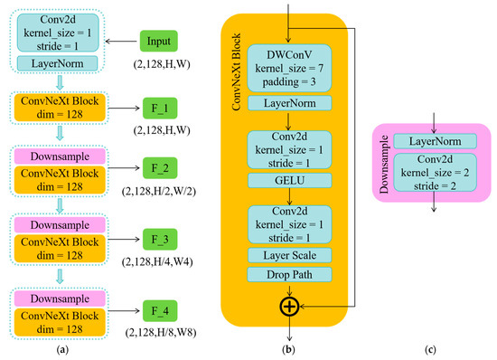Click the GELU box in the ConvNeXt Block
click(x=286, y=181)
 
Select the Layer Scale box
click(x=286, y=254)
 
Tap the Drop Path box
click(x=286, y=273)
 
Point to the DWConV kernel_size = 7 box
click(x=286, y=68)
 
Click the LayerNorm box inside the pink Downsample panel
click(x=435, y=141)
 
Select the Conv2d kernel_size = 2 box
click(x=435, y=170)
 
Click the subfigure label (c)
click(x=435, y=348)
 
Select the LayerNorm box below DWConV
click(x=286, y=104)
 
